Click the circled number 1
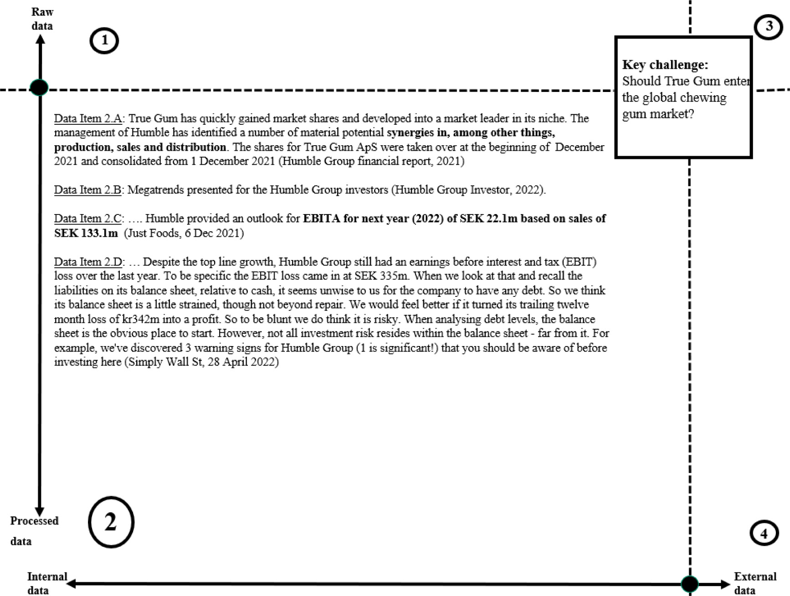(104, 41)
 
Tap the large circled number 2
(111, 522)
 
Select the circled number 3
(769, 26)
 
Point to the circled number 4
(764, 533)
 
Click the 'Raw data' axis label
(42, 19)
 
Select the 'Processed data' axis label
(34, 530)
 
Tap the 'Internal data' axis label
(46, 583)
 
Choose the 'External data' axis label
(754, 583)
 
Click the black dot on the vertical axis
(39, 87)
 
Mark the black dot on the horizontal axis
(690, 584)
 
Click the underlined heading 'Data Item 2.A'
(88, 119)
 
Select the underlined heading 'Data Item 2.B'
(87, 190)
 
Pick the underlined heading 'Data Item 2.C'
(87, 219)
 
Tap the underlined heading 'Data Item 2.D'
(88, 262)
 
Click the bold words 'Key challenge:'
(665, 65)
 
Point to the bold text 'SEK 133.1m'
(86, 233)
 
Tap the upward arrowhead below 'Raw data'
(40, 40)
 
